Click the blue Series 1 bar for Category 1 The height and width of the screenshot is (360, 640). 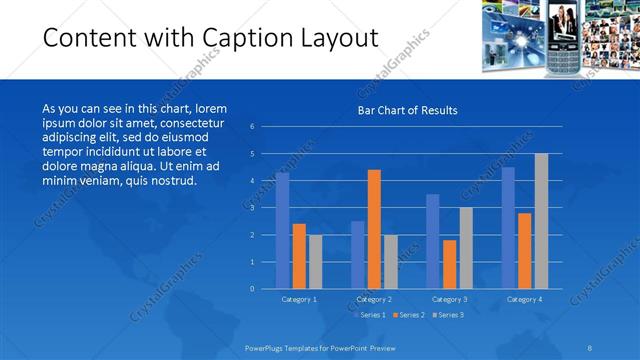(283, 231)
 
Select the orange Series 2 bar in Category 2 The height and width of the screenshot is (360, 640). (374, 229)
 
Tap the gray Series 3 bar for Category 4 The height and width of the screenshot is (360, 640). (541, 221)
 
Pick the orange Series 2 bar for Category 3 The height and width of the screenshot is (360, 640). (450, 264)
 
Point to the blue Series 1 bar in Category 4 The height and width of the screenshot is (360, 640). (508, 228)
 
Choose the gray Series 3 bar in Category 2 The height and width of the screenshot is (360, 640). (391, 262)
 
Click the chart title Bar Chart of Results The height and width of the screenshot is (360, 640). (407, 111)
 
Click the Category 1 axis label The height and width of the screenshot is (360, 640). (299, 299)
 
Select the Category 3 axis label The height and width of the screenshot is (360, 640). (449, 299)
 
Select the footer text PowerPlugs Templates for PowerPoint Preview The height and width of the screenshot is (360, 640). (315, 349)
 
